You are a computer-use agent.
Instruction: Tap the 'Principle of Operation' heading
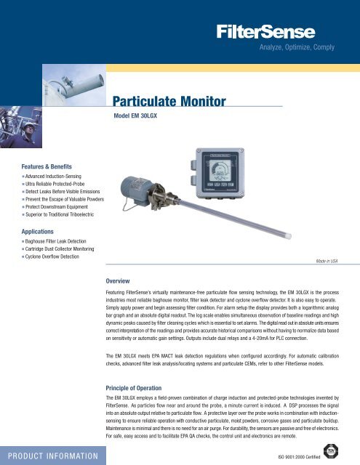(x=144, y=388)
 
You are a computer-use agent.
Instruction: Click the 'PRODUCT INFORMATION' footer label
(x=53, y=455)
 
